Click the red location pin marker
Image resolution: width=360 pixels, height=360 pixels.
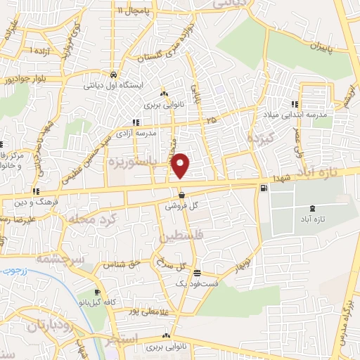click(x=181, y=165)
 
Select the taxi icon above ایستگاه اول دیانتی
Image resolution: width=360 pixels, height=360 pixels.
click(x=114, y=74)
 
